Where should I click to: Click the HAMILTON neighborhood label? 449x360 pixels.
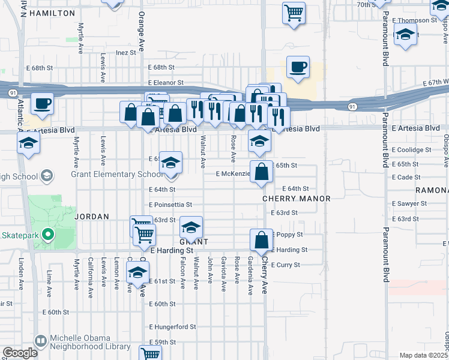point(51,13)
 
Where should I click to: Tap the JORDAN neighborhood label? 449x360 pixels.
point(91,216)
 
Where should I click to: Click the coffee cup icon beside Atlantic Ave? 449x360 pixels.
point(42,103)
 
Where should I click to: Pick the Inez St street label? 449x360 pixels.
point(126,53)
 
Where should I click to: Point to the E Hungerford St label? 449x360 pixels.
point(173,327)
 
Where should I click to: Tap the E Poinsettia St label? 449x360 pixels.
point(170,205)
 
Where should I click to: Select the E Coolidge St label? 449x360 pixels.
point(411,150)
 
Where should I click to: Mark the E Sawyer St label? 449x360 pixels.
point(409,203)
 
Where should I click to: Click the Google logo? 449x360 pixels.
point(20,353)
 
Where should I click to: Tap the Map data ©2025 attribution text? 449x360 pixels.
point(423,355)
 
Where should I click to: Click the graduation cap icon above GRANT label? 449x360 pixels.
point(191,227)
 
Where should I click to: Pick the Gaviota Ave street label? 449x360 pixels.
point(223,274)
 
